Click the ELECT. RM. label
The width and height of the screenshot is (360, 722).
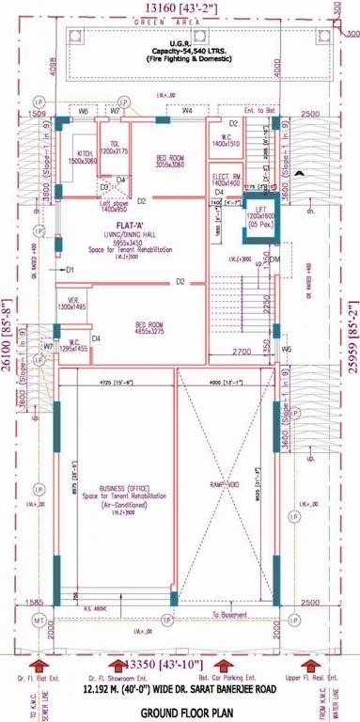coord(222,178)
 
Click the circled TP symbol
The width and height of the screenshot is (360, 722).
coord(166,622)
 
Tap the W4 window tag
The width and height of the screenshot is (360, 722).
coord(187,111)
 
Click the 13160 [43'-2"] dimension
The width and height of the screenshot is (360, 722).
coord(180,8)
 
